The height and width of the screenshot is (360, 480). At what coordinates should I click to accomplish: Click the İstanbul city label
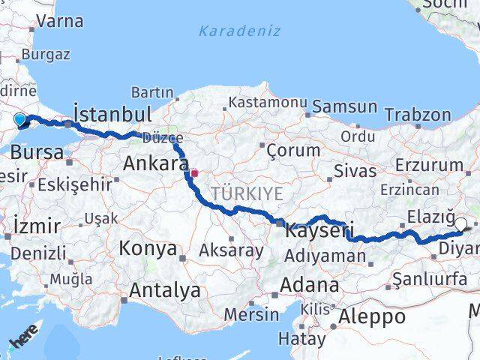tap(112, 114)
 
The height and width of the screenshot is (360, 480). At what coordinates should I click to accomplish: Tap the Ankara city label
tap(155, 163)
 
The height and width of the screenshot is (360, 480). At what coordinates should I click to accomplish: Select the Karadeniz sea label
tap(240, 31)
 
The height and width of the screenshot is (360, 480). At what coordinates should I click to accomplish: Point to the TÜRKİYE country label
tap(247, 194)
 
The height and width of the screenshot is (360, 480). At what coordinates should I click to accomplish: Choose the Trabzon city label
tap(418, 115)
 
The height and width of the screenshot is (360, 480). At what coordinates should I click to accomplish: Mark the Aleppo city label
tap(372, 316)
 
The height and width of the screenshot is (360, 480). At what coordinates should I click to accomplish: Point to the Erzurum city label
tap(429, 165)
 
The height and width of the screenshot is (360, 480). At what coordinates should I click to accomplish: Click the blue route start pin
tap(19, 118)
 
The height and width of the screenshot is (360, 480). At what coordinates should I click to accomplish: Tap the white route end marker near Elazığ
tap(460, 223)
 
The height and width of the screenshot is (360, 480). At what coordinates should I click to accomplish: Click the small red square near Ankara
tap(193, 173)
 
